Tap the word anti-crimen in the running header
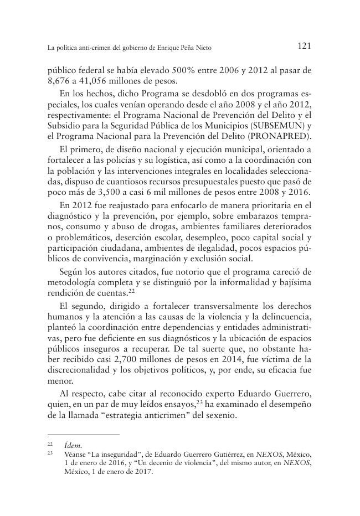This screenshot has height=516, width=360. click(x=90, y=48)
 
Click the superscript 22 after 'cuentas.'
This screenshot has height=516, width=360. click(x=131, y=290)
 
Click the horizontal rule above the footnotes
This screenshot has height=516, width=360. click(x=83, y=435)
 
